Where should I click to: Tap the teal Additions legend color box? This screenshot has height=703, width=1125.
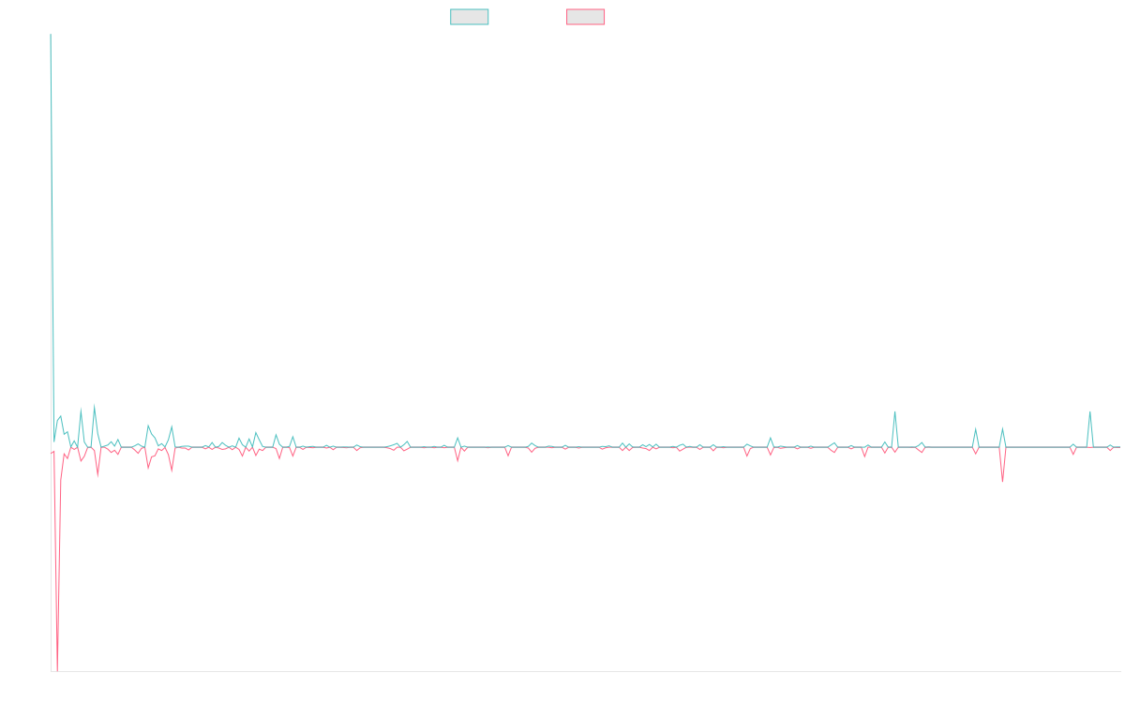470,17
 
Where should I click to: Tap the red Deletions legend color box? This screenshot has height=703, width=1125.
585,17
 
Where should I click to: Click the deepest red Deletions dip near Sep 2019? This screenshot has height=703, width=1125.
57,669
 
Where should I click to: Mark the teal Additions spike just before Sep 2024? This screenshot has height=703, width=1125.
895,411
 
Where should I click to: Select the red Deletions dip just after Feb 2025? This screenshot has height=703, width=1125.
1002,482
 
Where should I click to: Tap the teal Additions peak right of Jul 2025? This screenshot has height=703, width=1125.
1089,411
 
